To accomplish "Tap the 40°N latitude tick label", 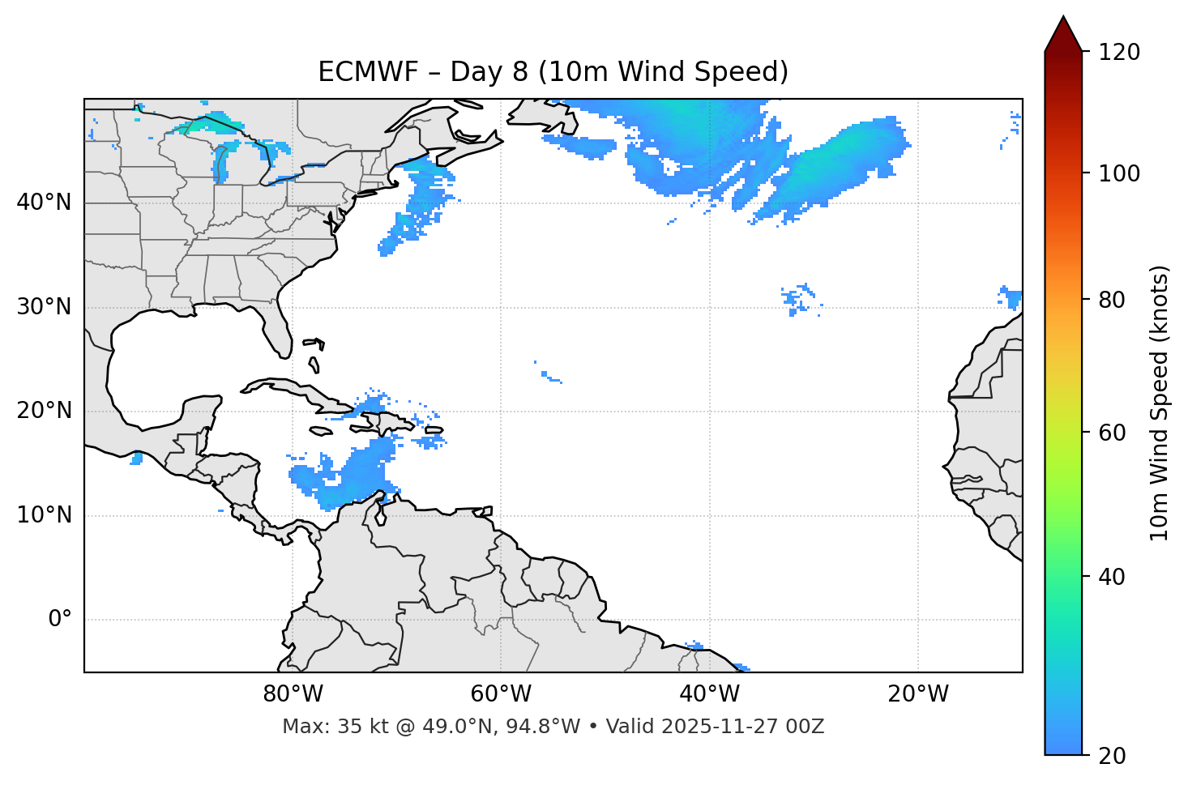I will click(44, 203).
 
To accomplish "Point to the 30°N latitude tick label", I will click(44, 307).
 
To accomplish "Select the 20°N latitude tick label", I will click(44, 411).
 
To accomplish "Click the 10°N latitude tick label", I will click(44, 515).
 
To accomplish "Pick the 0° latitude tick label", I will click(59, 620).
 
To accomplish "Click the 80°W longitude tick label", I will click(293, 694).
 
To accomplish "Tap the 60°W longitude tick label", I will click(501, 694).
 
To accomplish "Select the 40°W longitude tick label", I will click(709, 694).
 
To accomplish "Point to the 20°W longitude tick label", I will click(917, 694).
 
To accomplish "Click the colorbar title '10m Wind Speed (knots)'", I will click(1160, 403).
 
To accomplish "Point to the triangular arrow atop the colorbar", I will click(1063, 34).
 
